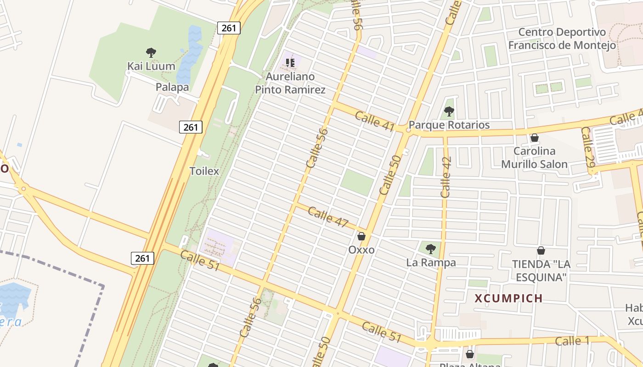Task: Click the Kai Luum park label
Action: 151,66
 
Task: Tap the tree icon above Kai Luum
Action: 151,53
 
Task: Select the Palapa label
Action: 172,87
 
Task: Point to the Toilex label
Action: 204,171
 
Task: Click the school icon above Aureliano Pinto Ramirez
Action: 290,62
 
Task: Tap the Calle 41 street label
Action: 375,121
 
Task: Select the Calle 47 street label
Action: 328,217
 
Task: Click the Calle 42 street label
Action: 446,177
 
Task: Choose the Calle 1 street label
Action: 572,341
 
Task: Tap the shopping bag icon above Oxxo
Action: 361,236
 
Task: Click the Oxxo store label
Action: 361,250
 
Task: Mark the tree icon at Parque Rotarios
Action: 449,111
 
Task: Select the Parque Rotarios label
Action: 449,125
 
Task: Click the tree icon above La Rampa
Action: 431,249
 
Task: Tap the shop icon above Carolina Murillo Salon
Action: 534,138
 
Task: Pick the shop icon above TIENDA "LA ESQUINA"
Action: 541,250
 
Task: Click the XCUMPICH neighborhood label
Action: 509,299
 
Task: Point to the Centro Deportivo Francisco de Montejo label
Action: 562,39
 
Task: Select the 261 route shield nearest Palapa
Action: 191,127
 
